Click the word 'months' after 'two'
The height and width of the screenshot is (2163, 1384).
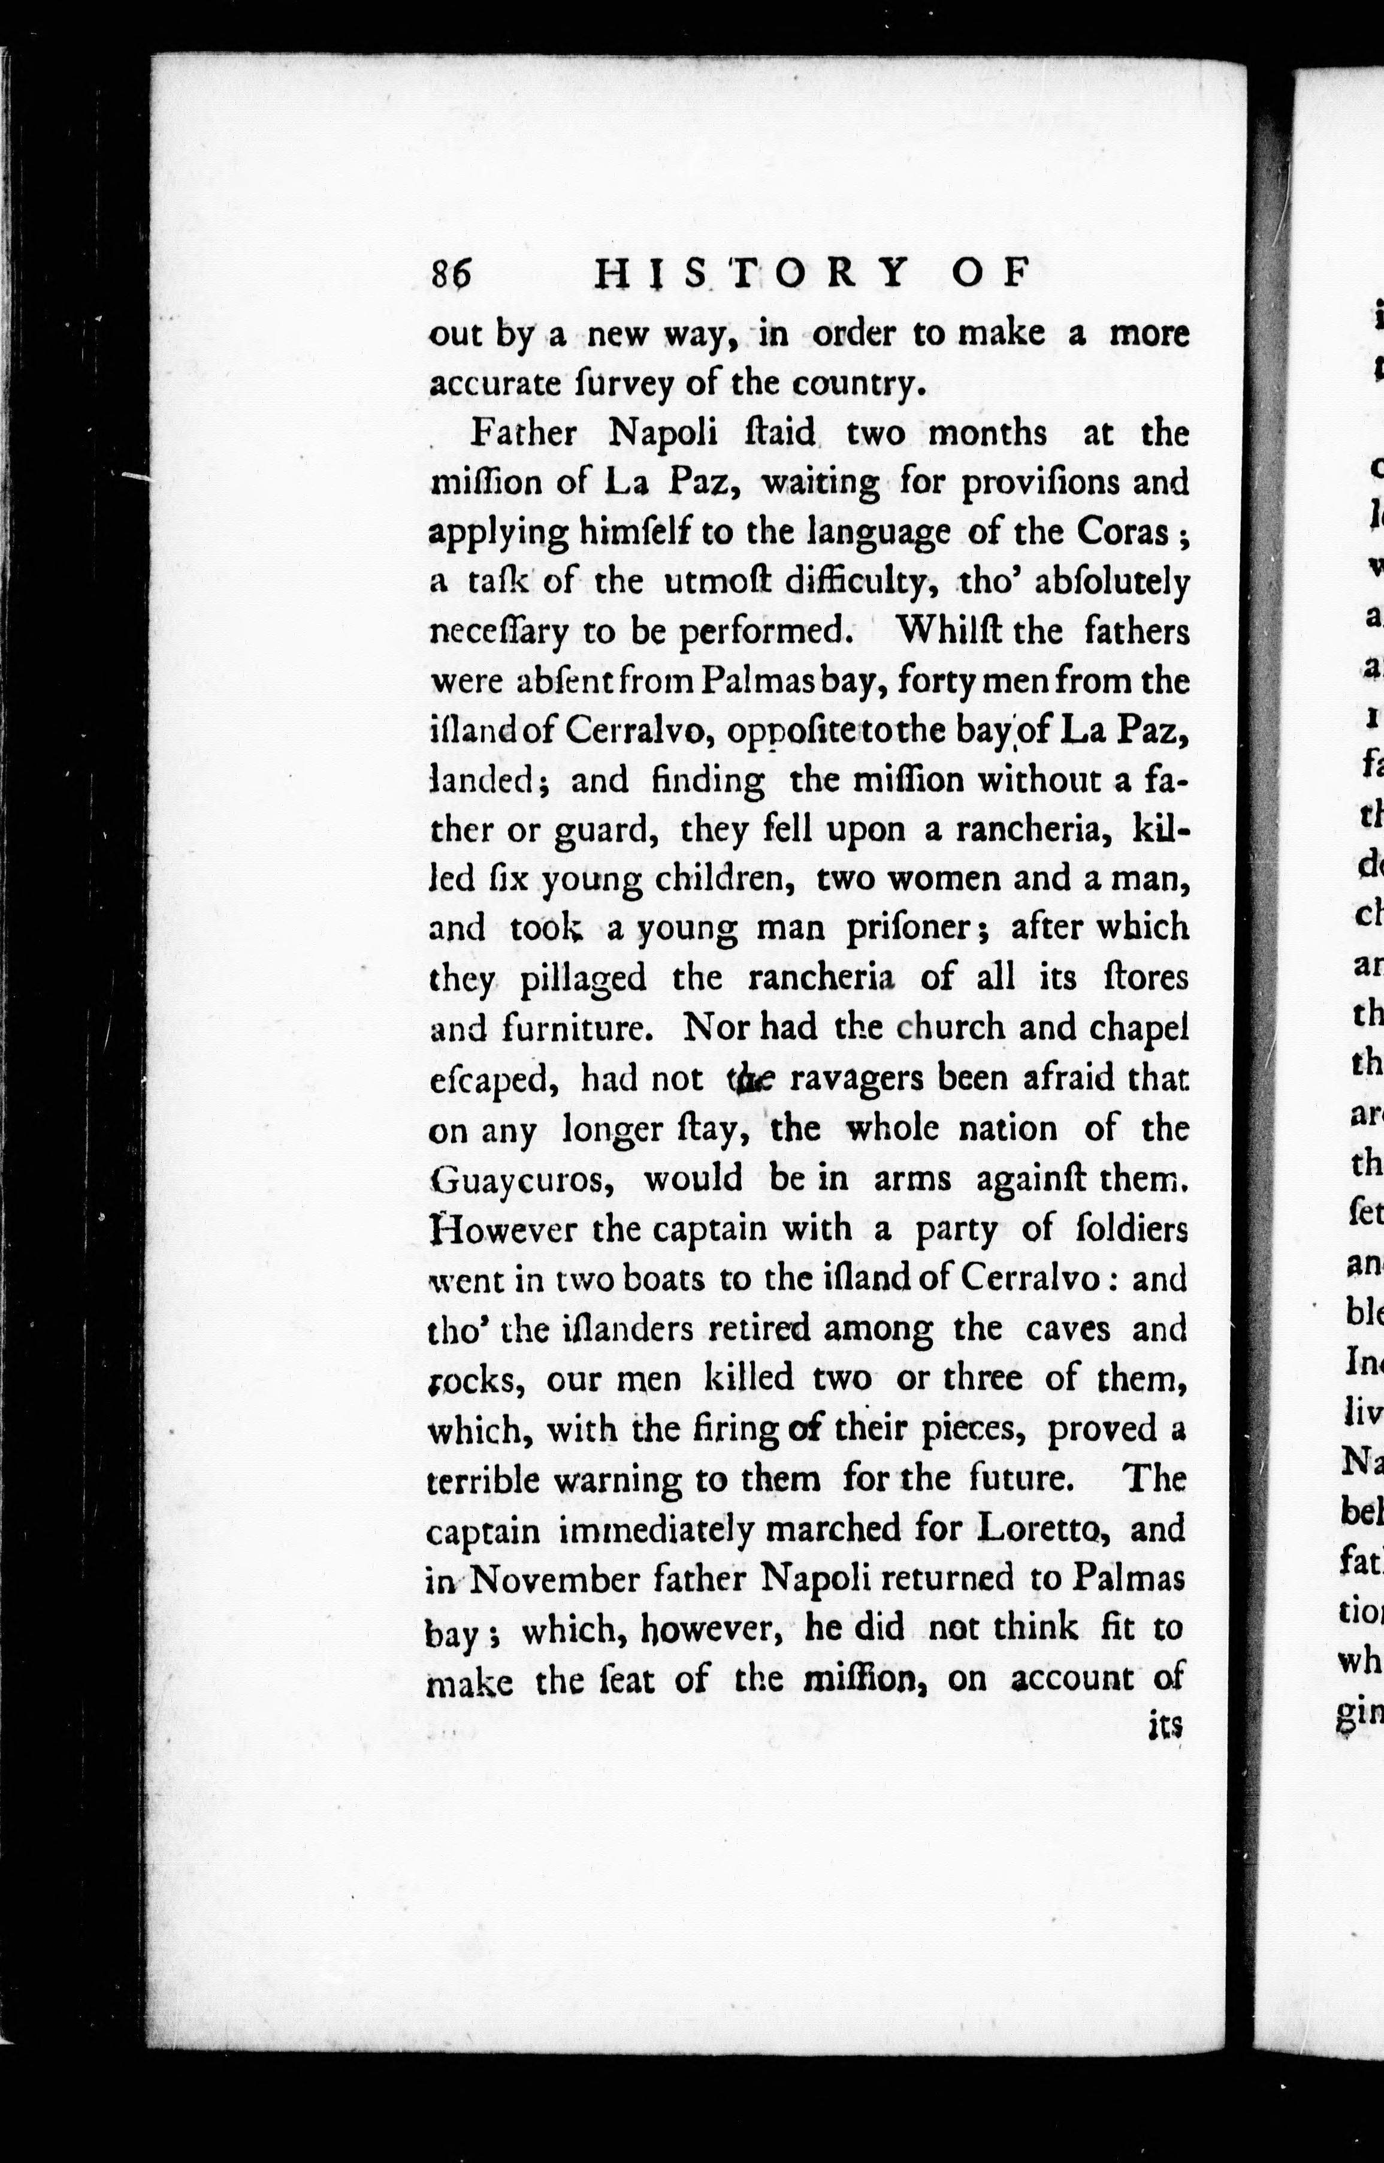pos(987,433)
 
